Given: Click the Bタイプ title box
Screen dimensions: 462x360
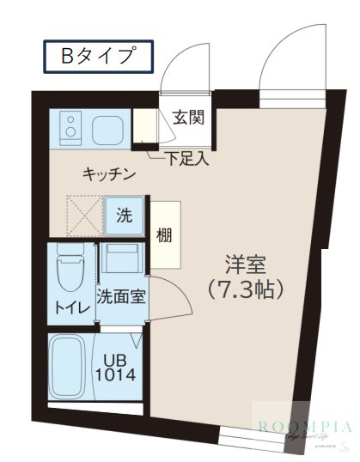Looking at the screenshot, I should [97, 57].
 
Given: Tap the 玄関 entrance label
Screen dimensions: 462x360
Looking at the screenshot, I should [187, 118].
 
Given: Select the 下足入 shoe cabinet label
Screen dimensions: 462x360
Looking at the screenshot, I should [188, 158].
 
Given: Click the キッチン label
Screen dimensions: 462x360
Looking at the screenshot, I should [109, 174].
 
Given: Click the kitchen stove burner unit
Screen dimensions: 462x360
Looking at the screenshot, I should [67, 130].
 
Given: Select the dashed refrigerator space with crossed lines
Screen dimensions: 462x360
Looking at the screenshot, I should [84, 215].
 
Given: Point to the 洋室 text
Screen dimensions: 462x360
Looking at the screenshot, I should [244, 263].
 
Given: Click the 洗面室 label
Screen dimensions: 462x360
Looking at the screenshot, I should [120, 298].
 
